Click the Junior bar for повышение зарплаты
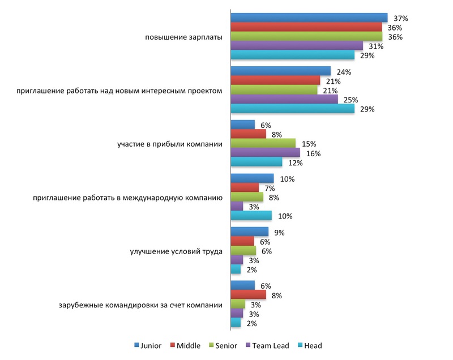[x=309, y=18]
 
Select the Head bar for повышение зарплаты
[x=292, y=55]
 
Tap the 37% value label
[x=401, y=18]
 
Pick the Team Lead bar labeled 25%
[x=284, y=100]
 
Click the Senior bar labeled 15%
[x=263, y=144]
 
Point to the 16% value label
[x=313, y=153]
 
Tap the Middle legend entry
[x=185, y=345]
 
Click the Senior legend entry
[x=226, y=345]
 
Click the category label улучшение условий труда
[x=172, y=251]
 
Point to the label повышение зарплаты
[x=183, y=37]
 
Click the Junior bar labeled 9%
[x=249, y=232]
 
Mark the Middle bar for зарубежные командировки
[x=248, y=295]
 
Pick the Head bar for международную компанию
[x=251, y=216]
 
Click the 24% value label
[x=344, y=72]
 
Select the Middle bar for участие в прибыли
[x=248, y=134]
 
